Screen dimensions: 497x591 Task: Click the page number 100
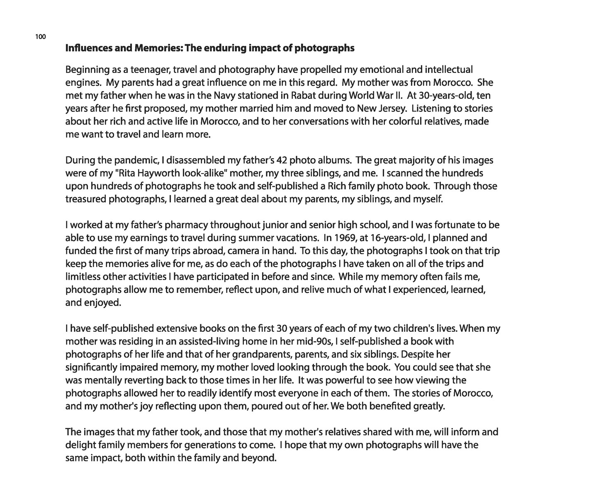(x=40, y=37)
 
